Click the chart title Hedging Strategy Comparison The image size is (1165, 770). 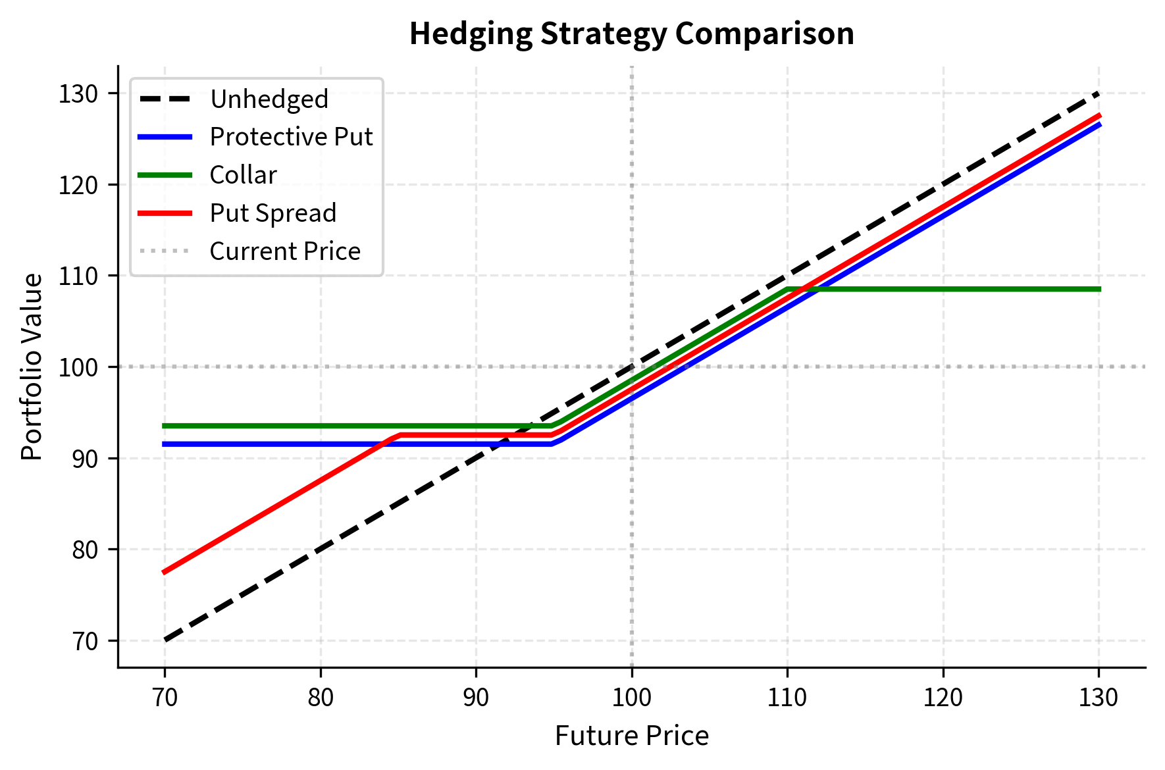coord(631,34)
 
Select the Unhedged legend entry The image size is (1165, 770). coord(269,99)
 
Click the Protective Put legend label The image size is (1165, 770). coord(291,137)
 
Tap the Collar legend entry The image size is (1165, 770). coord(243,175)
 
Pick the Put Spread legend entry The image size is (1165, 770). coord(272,213)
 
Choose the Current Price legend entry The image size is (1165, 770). coord(284,251)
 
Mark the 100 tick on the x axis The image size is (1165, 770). coord(631,698)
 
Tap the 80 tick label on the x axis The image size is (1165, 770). coord(321,698)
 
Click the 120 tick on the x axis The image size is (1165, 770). coord(943,698)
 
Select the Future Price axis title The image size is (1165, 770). coord(631,736)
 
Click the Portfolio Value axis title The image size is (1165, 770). coord(32,367)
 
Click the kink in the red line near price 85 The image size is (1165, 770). coord(398,435)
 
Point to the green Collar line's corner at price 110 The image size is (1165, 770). coord(787,289)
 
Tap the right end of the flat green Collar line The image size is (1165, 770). coord(1099,289)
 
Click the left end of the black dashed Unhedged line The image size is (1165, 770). coord(165,640)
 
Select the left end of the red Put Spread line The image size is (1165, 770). coord(165,572)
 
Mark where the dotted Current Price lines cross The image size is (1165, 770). coord(632,367)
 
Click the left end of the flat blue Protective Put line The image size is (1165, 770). coord(165,444)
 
